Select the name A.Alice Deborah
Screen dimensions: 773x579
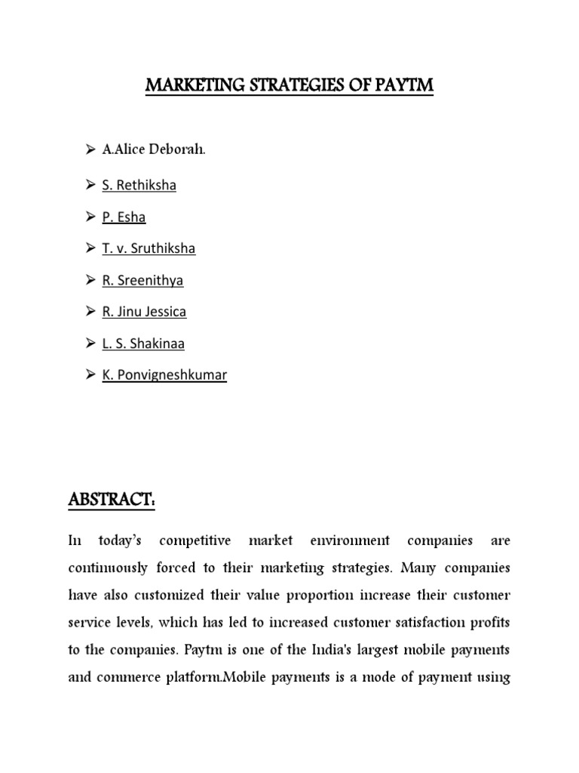[x=154, y=149]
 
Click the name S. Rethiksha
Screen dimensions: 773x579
[x=139, y=185]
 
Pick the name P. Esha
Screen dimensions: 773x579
[x=124, y=217]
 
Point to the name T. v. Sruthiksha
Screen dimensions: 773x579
[x=149, y=248]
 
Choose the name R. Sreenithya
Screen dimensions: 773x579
[x=142, y=280]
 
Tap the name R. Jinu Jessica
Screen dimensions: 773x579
[x=144, y=311]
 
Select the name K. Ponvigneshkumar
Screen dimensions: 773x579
[x=164, y=374]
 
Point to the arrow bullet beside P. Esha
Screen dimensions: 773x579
[x=90, y=217]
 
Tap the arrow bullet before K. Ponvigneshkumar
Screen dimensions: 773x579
[x=90, y=374]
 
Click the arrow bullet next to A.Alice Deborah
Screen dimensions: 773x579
[x=90, y=149]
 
